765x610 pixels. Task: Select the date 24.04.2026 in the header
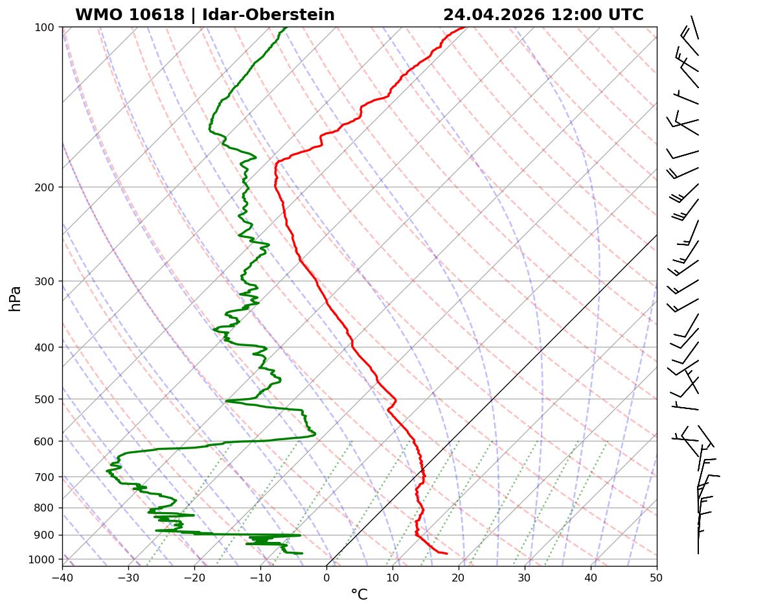pos(494,15)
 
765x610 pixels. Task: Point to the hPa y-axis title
pos(15,299)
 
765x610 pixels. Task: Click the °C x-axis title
pos(359,594)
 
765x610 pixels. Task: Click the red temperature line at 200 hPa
pos(275,187)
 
